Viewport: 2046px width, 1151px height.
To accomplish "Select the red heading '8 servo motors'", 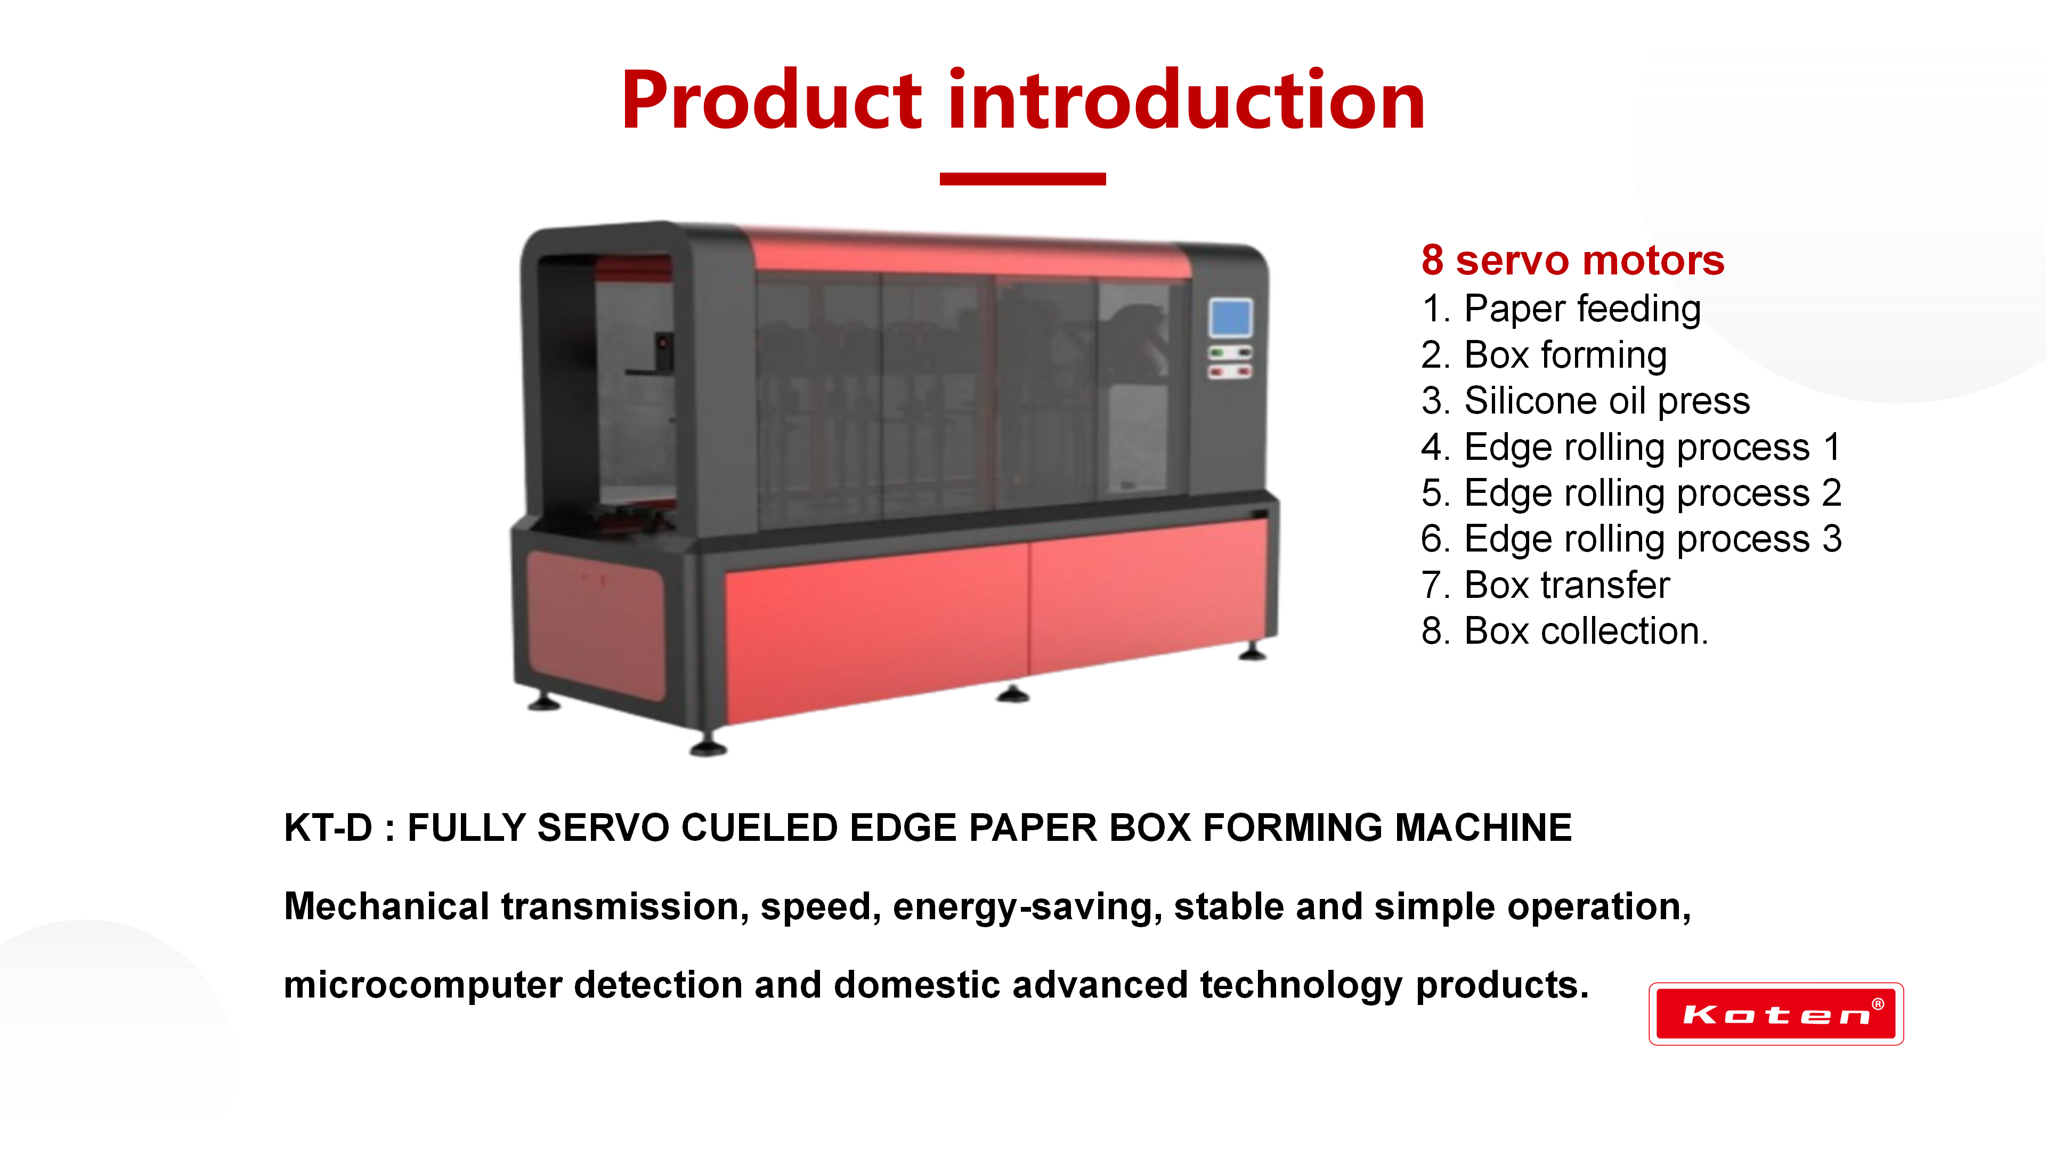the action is click(x=1573, y=261).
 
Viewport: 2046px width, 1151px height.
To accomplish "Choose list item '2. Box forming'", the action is click(x=1544, y=354).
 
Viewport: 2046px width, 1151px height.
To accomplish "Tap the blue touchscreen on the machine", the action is click(x=1230, y=318).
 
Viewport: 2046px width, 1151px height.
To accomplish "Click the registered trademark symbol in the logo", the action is click(x=1878, y=1004).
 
